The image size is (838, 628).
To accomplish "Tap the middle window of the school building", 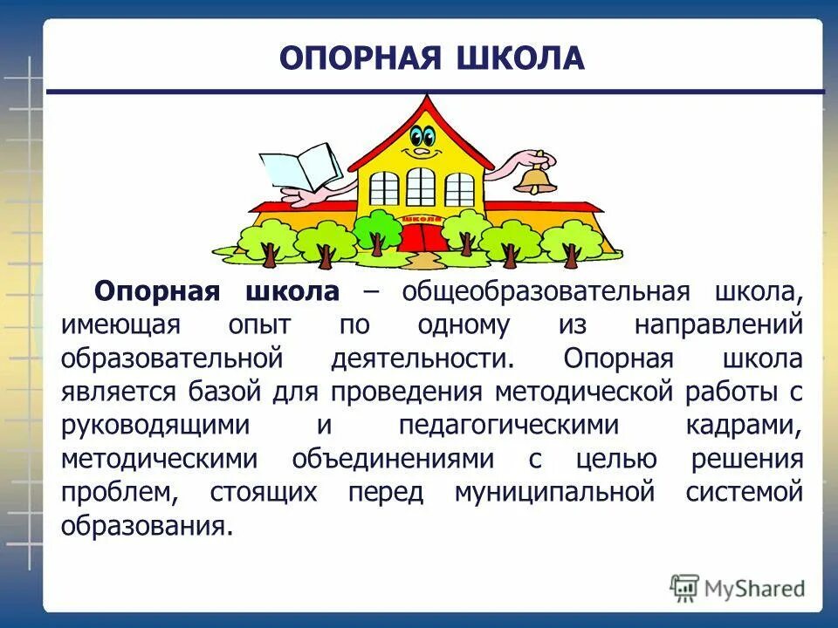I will [420, 187].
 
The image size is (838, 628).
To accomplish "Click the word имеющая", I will [120, 325].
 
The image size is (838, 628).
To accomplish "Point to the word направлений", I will [718, 325].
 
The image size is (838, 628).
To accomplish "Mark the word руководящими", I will [155, 426].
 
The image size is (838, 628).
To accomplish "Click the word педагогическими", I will [509, 426].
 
